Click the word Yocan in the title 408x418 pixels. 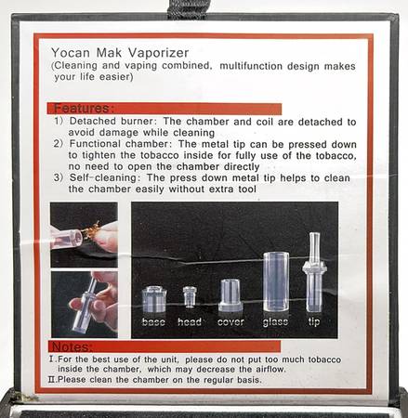tap(71, 53)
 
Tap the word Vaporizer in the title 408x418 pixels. tap(158, 53)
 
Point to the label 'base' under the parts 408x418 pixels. tap(153, 322)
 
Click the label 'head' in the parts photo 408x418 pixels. tap(190, 322)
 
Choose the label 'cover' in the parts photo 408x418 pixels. tap(230, 322)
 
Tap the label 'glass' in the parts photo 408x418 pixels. tap(275, 322)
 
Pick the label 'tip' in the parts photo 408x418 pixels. tap(314, 322)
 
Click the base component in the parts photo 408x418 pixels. tap(154, 299)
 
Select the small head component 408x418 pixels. tap(190, 297)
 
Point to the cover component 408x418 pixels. tap(230, 295)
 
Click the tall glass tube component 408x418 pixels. tap(276, 281)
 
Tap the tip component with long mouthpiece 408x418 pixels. tap(314, 272)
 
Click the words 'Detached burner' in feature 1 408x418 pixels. tap(111, 121)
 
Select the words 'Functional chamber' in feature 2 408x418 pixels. tap(119, 144)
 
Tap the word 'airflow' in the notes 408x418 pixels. tap(270, 370)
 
